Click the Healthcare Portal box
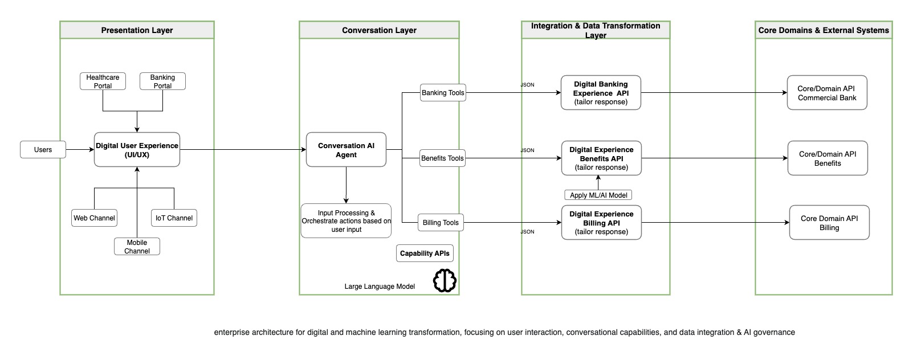tap(103, 81)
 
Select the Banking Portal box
tap(162, 81)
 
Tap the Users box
tap(43, 150)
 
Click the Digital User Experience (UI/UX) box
tap(137, 150)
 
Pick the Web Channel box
tap(94, 218)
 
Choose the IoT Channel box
tap(174, 218)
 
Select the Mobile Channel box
tap(137, 247)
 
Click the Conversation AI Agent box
tap(346, 150)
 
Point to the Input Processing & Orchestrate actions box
tap(346, 221)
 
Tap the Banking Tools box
tap(443, 93)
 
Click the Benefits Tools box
tap(442, 158)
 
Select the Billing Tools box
tap(441, 223)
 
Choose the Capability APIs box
tap(425, 253)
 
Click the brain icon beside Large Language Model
tap(445, 280)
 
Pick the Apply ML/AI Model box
tap(598, 195)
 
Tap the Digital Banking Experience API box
tap(601, 93)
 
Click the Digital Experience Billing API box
tap(601, 223)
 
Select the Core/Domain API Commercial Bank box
tap(827, 93)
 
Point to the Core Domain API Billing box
tap(829, 223)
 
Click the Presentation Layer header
tap(137, 30)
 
